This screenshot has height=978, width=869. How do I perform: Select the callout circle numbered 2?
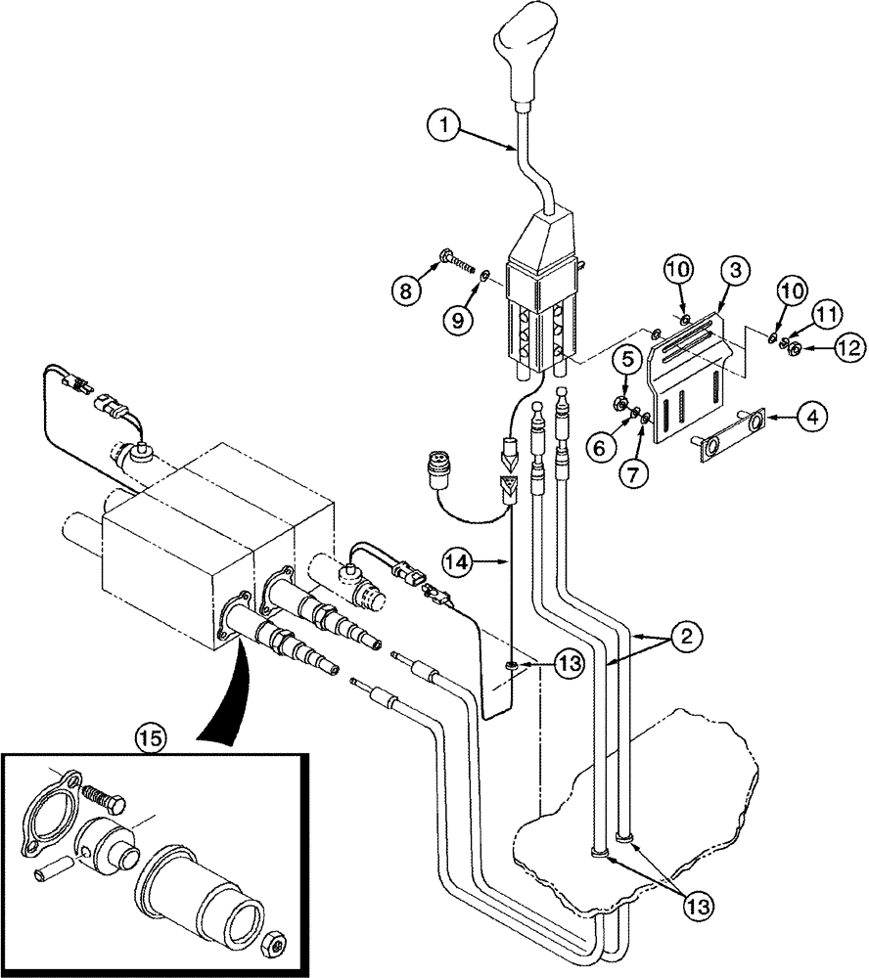coord(686,638)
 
